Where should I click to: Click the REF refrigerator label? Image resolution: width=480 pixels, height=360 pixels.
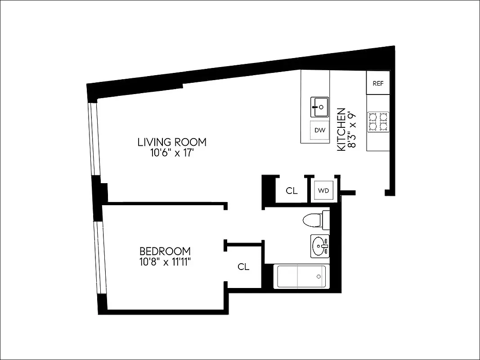click(378, 83)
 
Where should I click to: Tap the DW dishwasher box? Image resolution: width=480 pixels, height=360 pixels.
click(319, 130)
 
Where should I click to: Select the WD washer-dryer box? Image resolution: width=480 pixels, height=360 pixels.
click(323, 190)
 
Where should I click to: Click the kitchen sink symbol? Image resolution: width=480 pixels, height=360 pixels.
click(319, 107)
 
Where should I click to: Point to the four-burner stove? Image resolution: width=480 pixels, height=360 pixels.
click(378, 122)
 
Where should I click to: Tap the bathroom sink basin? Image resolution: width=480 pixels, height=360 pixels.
click(320, 246)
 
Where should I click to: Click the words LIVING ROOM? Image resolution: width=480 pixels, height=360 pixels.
click(172, 142)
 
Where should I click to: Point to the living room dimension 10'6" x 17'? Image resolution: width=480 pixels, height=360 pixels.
click(172, 153)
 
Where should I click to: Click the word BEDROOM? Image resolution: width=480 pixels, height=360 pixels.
click(165, 251)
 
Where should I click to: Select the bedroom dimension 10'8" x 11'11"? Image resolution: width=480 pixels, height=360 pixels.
click(165, 262)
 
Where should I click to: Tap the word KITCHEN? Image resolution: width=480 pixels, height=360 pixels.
click(341, 129)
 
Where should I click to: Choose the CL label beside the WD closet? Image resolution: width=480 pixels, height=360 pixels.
click(292, 191)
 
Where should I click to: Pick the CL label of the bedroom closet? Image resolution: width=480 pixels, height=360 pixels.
click(243, 267)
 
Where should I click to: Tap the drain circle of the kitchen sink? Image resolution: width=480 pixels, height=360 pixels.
click(321, 107)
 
